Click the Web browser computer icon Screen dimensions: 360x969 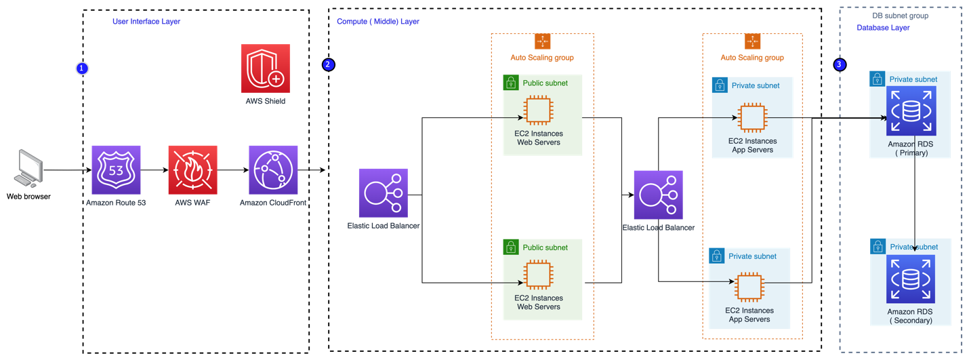(x=28, y=169)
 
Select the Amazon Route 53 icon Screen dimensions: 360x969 (x=116, y=169)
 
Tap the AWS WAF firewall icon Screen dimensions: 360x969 (x=193, y=169)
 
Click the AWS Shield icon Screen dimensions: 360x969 (x=265, y=68)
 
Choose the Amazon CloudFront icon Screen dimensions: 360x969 (x=273, y=169)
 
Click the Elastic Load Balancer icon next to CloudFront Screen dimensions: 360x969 (x=383, y=193)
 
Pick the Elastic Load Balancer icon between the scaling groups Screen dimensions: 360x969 (x=658, y=195)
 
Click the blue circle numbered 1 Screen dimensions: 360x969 (x=82, y=68)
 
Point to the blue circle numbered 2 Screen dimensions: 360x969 (x=328, y=64)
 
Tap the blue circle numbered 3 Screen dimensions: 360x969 (x=840, y=64)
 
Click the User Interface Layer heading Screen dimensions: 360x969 (x=146, y=22)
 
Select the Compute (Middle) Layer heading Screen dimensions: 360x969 (x=378, y=22)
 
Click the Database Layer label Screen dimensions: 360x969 (x=883, y=28)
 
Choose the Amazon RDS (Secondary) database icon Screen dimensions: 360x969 (x=910, y=279)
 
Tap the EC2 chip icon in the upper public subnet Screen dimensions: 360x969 (x=538, y=112)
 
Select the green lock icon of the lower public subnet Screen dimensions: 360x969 (x=511, y=247)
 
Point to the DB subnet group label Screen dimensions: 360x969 (x=900, y=16)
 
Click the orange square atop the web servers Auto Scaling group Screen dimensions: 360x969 (x=542, y=41)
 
